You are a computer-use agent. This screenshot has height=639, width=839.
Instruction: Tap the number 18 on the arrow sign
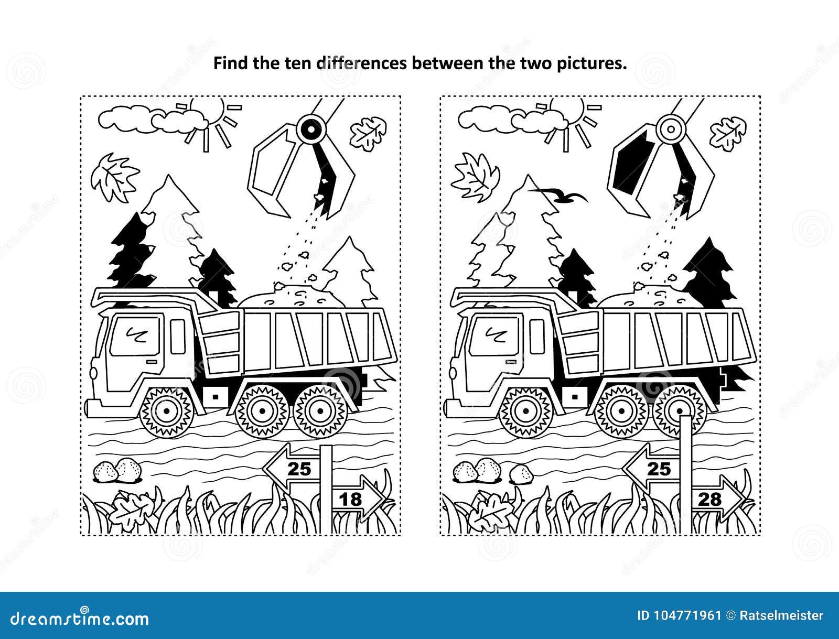click(351, 499)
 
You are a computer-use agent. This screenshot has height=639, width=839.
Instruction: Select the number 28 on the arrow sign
click(710, 499)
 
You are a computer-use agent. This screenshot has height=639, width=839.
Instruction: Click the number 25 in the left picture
click(299, 468)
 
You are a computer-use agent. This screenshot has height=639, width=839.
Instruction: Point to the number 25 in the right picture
click(659, 468)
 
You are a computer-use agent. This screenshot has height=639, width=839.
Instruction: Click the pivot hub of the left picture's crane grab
click(310, 128)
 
